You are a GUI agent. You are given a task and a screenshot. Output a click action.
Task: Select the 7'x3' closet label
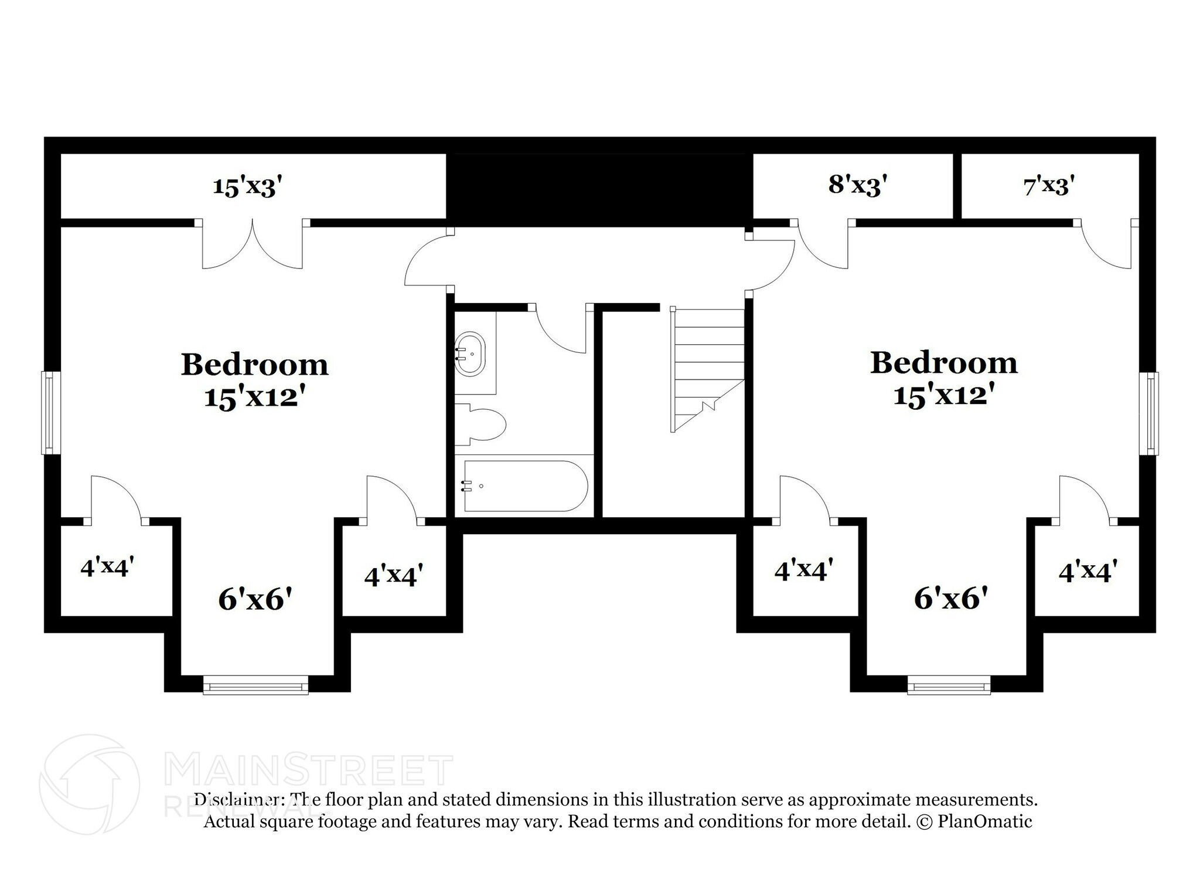click(x=1048, y=186)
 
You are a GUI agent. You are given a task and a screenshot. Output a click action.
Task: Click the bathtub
click(x=525, y=486)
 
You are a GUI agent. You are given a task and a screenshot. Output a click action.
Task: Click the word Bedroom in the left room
click(x=254, y=365)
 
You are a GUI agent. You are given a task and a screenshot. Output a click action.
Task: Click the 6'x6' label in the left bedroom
click(x=255, y=599)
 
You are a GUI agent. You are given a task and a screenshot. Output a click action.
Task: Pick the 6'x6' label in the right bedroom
click(x=951, y=599)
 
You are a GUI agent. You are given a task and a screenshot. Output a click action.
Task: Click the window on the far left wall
click(x=50, y=412)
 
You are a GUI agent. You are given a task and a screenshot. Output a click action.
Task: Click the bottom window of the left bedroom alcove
click(x=255, y=685)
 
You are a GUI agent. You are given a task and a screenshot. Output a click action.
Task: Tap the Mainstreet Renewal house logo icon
click(x=90, y=784)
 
